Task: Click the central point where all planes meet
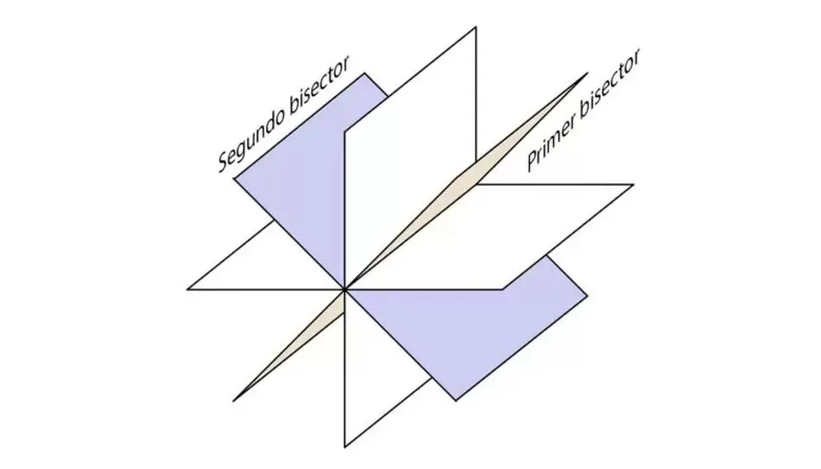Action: pos(345,289)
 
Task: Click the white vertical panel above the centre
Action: pos(406,156)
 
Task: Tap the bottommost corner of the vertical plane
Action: pos(345,447)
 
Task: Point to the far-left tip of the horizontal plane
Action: pos(188,289)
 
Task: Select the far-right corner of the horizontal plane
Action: pos(633,184)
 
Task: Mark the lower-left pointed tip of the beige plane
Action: pos(233,401)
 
